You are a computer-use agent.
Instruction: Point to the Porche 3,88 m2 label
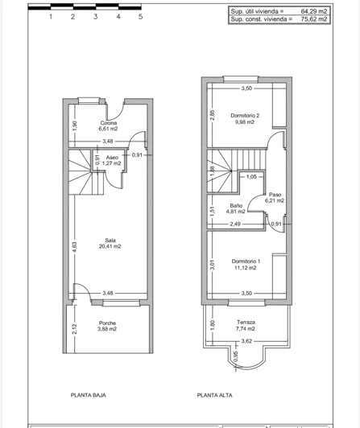(108, 326)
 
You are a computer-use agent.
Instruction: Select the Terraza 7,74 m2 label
(246, 325)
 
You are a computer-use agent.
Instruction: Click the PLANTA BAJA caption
(89, 395)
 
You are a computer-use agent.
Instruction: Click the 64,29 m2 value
(313, 12)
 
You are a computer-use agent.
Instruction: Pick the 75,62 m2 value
(313, 19)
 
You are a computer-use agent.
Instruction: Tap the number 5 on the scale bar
(141, 16)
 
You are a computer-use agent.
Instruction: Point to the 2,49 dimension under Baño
(235, 224)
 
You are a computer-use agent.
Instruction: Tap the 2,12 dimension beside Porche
(73, 327)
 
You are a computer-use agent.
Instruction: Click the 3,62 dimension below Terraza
(248, 341)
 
